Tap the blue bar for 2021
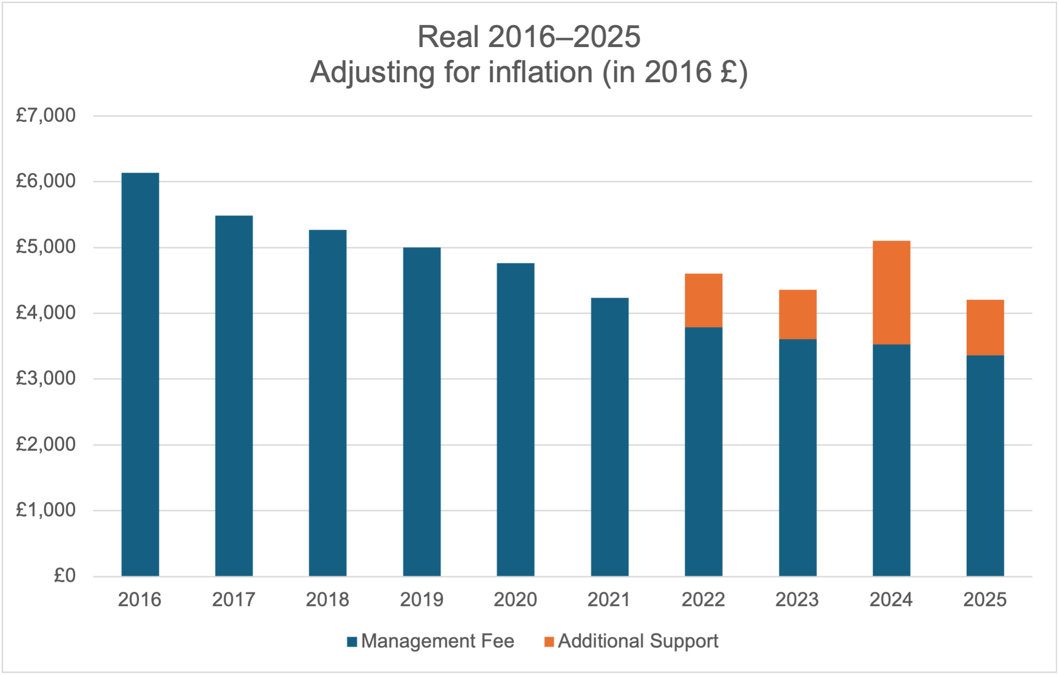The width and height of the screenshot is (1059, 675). pos(610,437)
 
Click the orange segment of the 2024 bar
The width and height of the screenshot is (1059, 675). pos(891,292)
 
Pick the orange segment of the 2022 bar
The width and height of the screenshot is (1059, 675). pos(703,300)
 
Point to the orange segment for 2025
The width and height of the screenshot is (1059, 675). pos(985,328)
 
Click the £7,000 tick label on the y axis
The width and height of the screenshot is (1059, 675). pos(46,116)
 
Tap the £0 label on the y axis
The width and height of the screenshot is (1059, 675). pos(65,576)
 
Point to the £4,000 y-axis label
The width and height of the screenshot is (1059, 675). pos(46,313)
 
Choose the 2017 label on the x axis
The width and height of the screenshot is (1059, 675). pos(233,600)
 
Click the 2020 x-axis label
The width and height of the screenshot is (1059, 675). pos(515,600)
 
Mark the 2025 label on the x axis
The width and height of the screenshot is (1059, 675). pos(985,600)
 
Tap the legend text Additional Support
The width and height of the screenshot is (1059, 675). pos(638,641)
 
